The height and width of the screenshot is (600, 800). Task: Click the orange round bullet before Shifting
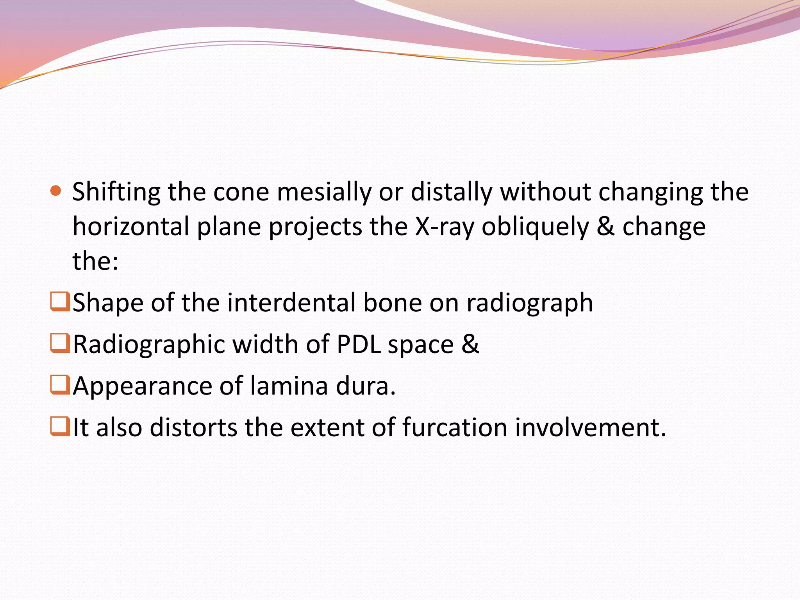(56, 191)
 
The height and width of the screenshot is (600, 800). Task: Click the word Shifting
(116, 193)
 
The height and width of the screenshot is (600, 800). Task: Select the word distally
(452, 193)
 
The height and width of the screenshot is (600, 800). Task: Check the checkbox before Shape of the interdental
(60, 302)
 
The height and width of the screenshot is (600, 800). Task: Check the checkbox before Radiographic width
(60, 343)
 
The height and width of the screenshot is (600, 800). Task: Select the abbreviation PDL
(359, 345)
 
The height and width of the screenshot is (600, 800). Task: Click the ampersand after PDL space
(470, 344)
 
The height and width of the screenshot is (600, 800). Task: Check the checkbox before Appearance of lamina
(60, 385)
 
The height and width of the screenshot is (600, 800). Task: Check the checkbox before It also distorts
(60, 427)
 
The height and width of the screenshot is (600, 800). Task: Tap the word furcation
(454, 427)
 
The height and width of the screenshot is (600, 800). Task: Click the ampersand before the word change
(605, 227)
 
